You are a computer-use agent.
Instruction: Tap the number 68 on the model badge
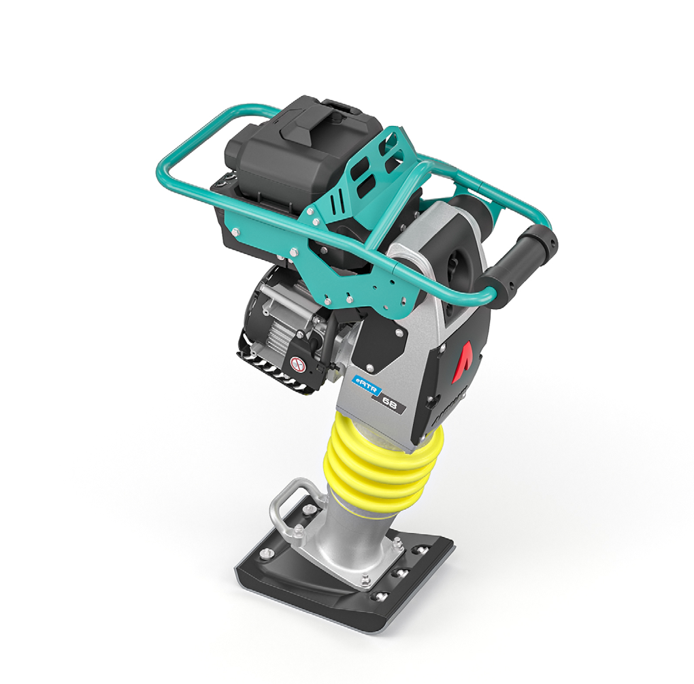pos(391,404)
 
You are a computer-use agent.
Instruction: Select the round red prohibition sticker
pos(296,364)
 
